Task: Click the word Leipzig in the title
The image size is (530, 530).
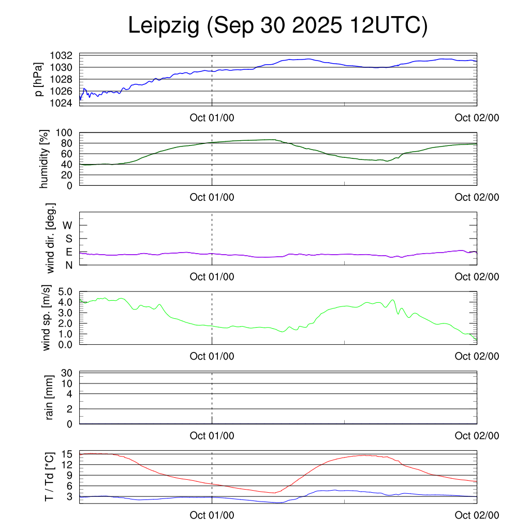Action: [164, 26]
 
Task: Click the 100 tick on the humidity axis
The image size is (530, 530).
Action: [63, 133]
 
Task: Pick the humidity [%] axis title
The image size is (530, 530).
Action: [45, 159]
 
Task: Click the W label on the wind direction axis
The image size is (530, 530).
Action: [67, 225]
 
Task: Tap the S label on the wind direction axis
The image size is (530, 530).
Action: [68, 239]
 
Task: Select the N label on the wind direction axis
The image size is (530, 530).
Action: [68, 265]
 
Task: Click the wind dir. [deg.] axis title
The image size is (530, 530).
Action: [51, 239]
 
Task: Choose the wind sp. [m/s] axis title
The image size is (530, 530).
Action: [48, 318]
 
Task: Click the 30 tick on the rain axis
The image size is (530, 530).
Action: [67, 373]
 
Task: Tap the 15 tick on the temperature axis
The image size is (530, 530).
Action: [67, 453]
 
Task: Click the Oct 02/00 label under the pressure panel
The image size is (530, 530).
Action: [477, 117]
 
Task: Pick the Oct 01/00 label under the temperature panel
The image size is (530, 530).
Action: [212, 515]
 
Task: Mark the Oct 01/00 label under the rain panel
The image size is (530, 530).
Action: [212, 436]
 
